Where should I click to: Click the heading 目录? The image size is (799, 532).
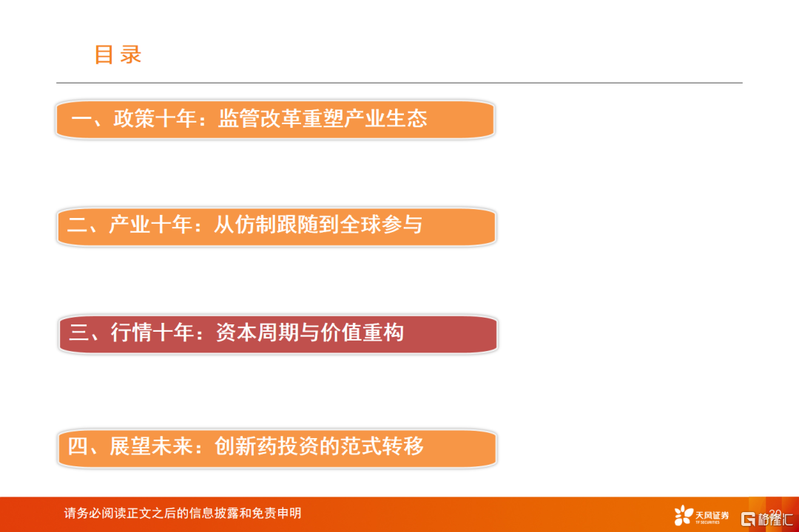click(118, 55)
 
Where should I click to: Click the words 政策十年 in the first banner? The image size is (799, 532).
click(155, 119)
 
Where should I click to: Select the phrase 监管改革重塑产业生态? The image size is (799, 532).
click(323, 119)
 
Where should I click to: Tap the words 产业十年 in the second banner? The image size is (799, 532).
click(150, 225)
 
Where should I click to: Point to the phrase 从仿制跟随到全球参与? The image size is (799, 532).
click(318, 225)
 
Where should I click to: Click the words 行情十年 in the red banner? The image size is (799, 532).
click(153, 332)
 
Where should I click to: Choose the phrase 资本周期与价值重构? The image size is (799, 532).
click(310, 332)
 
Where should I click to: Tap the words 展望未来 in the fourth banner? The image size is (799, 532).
click(152, 446)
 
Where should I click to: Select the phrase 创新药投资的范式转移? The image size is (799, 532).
click(319, 446)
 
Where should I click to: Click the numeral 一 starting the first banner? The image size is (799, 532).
click(81, 119)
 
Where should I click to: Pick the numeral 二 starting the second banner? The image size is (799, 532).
click(78, 225)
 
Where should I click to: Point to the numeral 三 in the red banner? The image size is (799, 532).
click(79, 333)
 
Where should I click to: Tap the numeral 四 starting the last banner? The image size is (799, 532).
click(78, 446)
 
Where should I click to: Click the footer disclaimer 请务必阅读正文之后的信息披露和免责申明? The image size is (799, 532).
click(183, 514)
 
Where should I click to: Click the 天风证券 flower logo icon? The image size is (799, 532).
click(684, 515)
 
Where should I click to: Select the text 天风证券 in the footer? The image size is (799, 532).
click(712, 515)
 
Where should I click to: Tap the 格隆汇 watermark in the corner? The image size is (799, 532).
click(767, 519)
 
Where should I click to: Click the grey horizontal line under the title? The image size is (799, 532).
click(399, 83)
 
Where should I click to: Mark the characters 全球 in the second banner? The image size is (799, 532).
click(360, 225)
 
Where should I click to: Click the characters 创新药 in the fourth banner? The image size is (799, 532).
click(246, 446)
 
